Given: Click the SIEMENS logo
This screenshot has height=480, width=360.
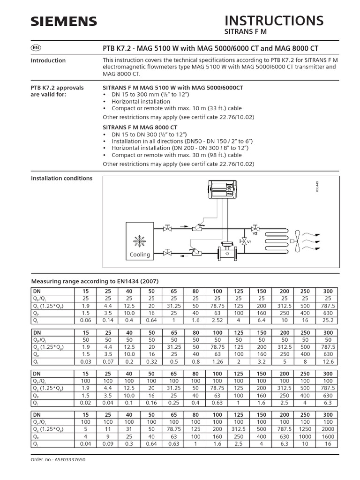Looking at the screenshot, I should tap(64, 21).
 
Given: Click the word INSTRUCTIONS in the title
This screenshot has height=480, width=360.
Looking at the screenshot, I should tap(274, 20).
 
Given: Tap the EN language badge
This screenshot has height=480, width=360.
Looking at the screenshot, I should tap(36, 48).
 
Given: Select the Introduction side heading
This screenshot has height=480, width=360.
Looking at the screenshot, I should tap(48, 60).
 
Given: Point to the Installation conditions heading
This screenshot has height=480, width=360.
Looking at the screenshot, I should tap(61, 178).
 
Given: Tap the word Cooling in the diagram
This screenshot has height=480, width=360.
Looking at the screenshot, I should tap(140, 255).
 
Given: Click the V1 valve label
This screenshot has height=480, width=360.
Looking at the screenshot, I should tap(250, 242).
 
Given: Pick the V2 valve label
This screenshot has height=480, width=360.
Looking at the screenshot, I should tap(255, 232).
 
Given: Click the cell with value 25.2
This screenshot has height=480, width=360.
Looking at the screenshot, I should tap(328, 320).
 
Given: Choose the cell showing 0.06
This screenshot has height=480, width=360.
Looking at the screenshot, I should tap(86, 320).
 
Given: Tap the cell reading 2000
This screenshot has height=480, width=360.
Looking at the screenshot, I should tap(328, 428).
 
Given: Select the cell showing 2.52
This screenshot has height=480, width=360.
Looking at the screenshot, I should tap(217, 320).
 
